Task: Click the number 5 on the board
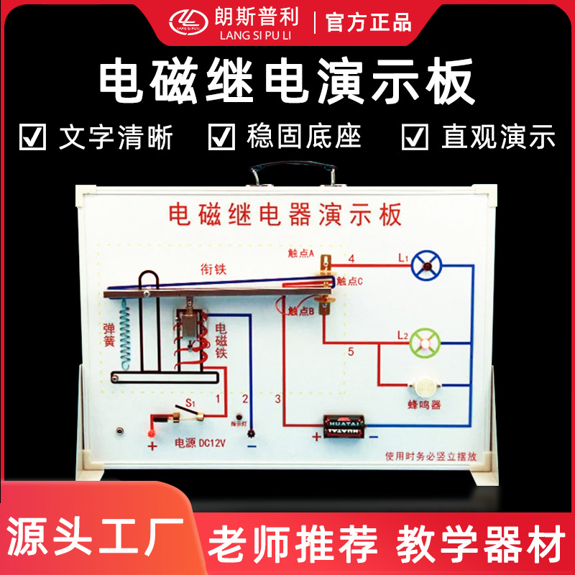[351, 352]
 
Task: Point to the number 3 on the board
[279, 397]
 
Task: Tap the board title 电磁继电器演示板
[285, 214]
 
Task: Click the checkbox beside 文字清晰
[33, 137]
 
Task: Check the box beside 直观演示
[415, 137]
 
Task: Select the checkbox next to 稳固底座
[221, 137]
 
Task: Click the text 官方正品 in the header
[369, 22]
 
